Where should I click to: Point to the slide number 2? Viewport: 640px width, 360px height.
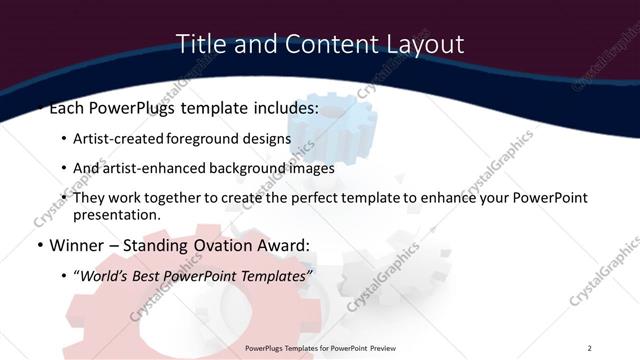pos(590,348)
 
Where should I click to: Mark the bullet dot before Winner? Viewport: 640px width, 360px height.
pos(39,245)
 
